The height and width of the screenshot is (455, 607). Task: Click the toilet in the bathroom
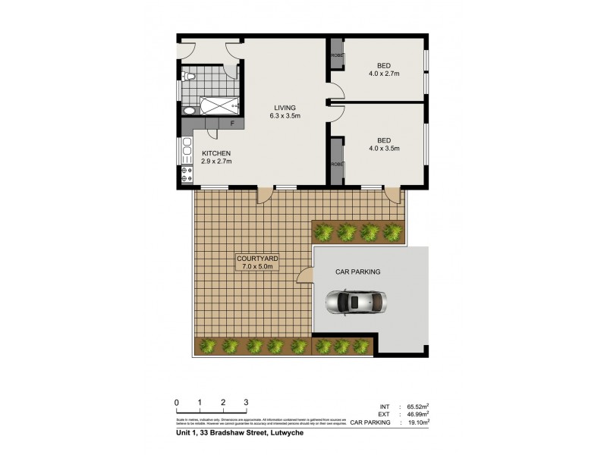click(x=190, y=77)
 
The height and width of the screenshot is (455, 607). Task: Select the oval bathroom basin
click(x=188, y=111)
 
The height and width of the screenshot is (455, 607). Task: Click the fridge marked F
click(x=231, y=124)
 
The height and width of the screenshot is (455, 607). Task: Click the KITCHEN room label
click(x=216, y=152)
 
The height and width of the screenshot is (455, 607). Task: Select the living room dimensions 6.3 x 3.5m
click(x=285, y=116)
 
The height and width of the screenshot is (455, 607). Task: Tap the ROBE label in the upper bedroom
click(x=335, y=56)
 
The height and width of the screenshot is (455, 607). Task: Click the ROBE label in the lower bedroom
click(x=335, y=165)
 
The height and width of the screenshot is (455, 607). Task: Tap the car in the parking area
click(x=357, y=303)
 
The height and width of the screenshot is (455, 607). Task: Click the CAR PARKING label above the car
click(x=357, y=271)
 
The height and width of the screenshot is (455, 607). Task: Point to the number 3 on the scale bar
click(x=246, y=402)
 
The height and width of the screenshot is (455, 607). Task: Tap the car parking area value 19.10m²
click(x=415, y=422)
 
